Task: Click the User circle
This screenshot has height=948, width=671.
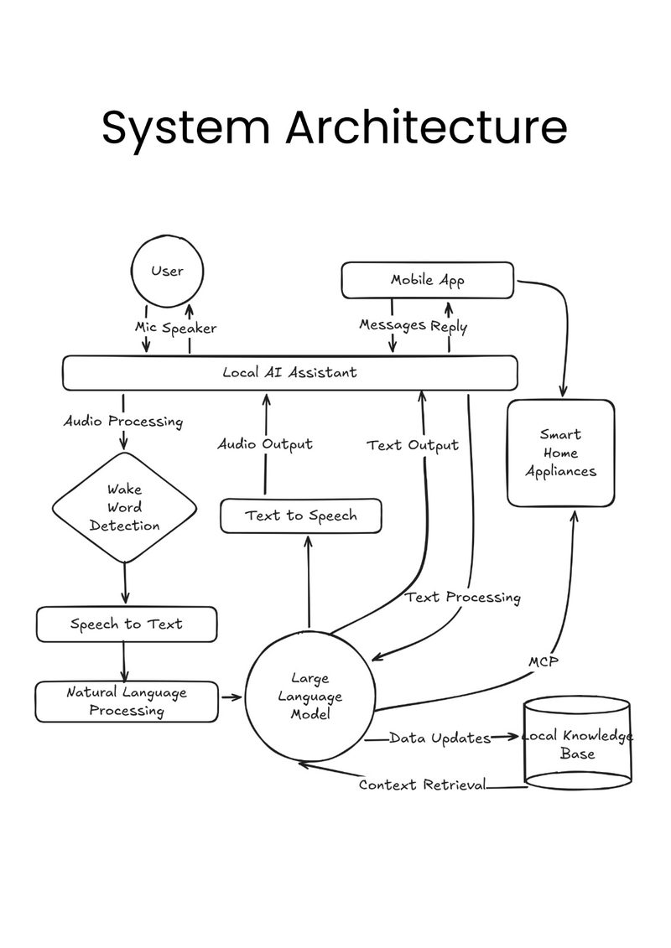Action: (168, 272)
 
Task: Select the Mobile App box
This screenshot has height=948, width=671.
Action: (427, 280)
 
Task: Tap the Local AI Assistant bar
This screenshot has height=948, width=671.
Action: (289, 372)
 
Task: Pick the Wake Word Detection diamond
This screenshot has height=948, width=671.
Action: (125, 507)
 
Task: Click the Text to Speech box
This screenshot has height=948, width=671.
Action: (300, 515)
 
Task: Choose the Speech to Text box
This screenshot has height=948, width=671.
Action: (127, 624)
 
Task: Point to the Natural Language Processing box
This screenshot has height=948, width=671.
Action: (127, 702)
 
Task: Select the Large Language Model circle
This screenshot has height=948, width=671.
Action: (309, 696)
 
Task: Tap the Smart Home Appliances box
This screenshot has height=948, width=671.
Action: (560, 453)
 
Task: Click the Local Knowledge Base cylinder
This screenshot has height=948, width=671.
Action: (577, 744)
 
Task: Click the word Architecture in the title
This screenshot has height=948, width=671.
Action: (426, 127)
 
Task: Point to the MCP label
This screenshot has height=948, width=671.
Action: (543, 662)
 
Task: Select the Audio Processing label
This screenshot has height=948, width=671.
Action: (123, 421)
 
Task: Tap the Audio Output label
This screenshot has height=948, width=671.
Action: (265, 444)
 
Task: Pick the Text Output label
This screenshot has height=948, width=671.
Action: (413, 445)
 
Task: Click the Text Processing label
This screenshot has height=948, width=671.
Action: (463, 598)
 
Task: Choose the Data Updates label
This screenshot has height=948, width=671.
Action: (440, 738)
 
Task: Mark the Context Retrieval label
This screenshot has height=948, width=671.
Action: (422, 785)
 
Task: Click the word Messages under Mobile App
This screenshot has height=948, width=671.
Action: (393, 325)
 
